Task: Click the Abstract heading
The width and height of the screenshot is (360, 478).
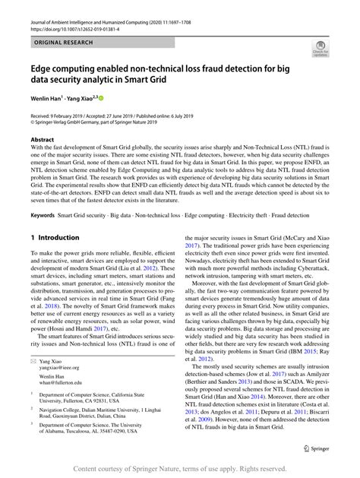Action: pos(43,141)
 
